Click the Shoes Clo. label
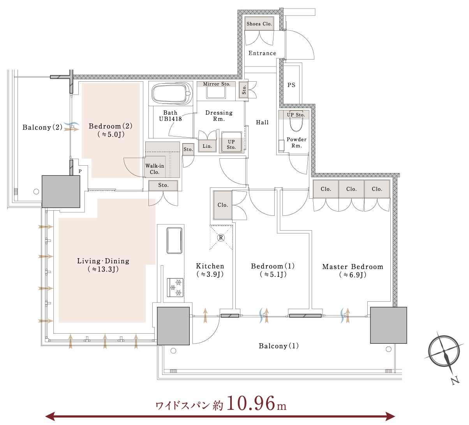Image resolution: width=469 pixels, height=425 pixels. (259, 24)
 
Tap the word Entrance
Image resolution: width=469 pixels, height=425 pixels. (262, 53)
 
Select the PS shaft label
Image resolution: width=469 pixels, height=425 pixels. (291, 85)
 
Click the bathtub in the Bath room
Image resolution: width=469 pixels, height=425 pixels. (172, 93)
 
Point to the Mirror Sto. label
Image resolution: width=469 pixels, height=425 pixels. (217, 84)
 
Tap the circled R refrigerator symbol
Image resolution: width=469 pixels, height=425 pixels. (221, 238)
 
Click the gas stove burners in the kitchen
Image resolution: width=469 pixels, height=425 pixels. (175, 287)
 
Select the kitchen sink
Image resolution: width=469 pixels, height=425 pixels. (174, 240)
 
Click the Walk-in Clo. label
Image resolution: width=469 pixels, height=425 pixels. (155, 169)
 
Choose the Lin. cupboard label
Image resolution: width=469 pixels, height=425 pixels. (207, 146)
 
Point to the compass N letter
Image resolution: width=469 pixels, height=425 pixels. (455, 381)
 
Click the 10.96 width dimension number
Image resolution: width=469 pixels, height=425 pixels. (251, 403)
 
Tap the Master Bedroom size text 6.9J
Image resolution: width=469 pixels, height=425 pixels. (353, 275)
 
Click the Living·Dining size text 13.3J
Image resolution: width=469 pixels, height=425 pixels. (103, 269)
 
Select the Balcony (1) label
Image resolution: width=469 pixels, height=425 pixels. (279, 346)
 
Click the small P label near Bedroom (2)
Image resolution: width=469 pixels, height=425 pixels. (80, 171)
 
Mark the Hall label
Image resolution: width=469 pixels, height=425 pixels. (262, 122)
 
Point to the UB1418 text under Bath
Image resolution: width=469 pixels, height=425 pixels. (170, 119)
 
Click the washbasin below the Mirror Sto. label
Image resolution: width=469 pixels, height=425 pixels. (215, 93)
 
